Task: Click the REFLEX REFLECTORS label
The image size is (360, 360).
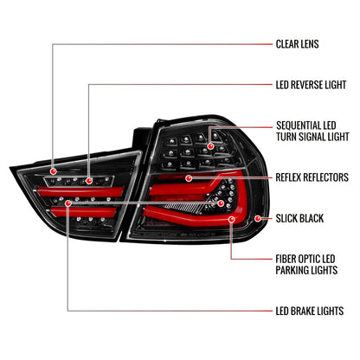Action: point(313,176)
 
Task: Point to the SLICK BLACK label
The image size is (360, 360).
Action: point(299,218)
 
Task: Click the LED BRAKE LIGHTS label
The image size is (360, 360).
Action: point(309,310)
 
